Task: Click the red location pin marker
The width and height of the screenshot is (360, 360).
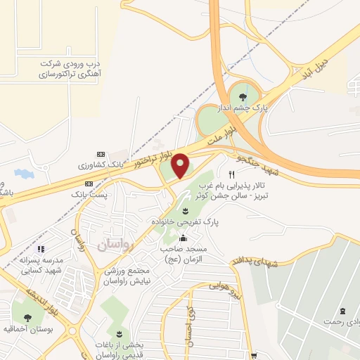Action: point(181,165)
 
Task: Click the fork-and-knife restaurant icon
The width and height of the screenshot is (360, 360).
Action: point(231,174)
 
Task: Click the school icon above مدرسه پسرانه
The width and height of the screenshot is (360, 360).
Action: point(41,249)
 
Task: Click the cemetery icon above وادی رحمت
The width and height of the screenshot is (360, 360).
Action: point(342,311)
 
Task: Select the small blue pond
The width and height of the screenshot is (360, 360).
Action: point(23,173)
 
